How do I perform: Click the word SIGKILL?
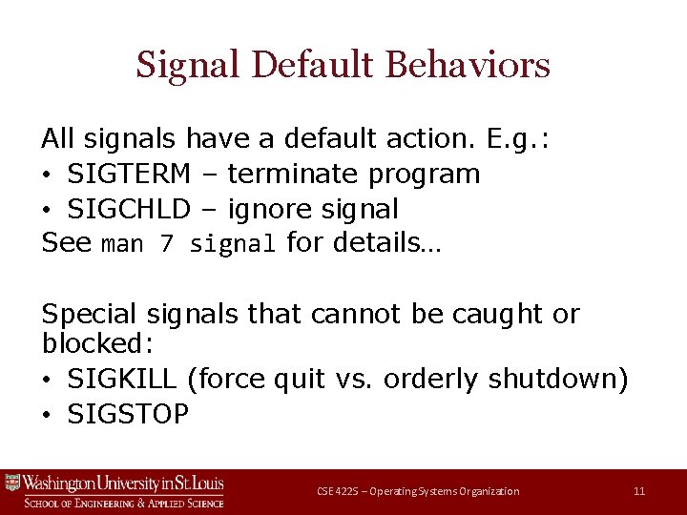coord(122,380)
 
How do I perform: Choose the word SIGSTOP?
coord(128,414)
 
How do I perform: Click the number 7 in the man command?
coord(166,244)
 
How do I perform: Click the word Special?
coord(93,314)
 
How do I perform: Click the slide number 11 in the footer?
coord(639,491)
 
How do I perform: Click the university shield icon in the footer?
coord(12,483)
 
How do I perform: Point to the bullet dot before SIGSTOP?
coord(49,415)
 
